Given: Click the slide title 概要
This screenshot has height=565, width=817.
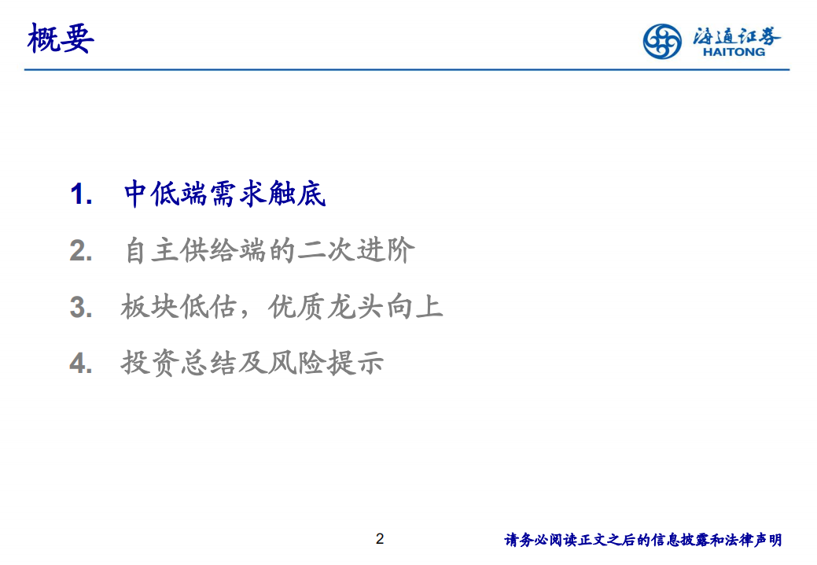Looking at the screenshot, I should pyautogui.click(x=61, y=38).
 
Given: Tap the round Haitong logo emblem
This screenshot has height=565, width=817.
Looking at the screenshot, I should pyautogui.click(x=662, y=41).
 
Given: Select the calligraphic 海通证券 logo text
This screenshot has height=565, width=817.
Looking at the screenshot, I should pyautogui.click(x=737, y=35).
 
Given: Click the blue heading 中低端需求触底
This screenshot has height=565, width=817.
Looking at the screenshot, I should pyautogui.click(x=225, y=194).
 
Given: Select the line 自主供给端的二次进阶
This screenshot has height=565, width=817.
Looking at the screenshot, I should pyautogui.click(x=269, y=251).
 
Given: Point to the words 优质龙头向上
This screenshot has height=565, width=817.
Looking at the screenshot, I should pyautogui.click(x=355, y=307).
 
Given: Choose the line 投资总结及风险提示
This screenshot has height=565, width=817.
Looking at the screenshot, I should pyautogui.click(x=252, y=364).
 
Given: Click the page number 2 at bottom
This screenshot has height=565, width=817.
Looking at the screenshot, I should pyautogui.click(x=380, y=539).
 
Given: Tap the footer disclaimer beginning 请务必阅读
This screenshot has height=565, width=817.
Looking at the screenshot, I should pyautogui.click(x=642, y=540).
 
